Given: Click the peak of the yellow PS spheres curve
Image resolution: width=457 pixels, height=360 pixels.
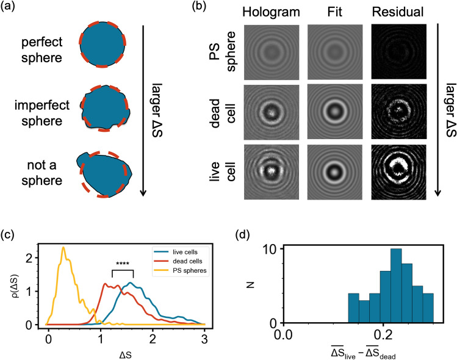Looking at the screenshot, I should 63,247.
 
